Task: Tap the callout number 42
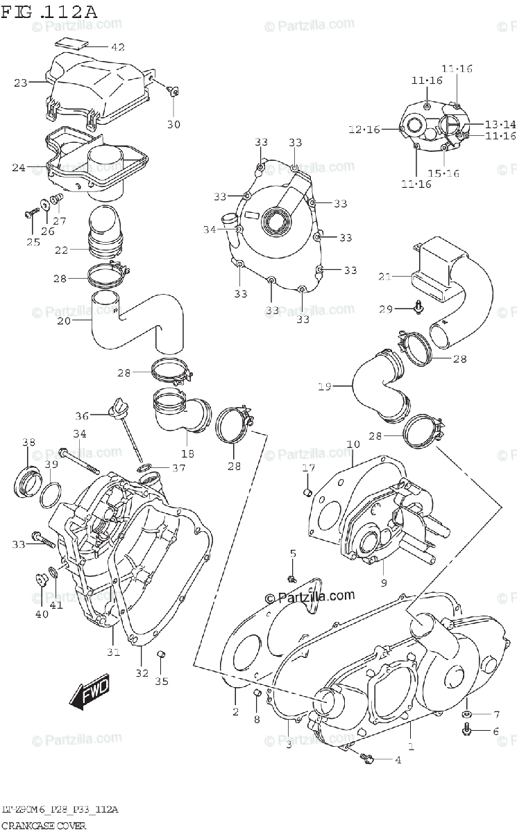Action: tap(117, 47)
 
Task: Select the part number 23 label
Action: tap(20, 83)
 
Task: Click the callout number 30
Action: tap(173, 124)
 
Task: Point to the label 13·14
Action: tap(500, 124)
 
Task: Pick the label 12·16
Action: tap(364, 130)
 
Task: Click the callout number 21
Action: tap(385, 277)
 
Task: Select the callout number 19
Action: tap(324, 386)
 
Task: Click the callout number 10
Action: tap(353, 444)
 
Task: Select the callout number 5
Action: tap(293, 553)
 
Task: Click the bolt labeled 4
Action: tap(368, 760)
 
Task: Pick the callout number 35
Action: tap(161, 681)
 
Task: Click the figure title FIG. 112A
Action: tap(49, 12)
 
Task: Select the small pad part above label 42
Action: tap(72, 40)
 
